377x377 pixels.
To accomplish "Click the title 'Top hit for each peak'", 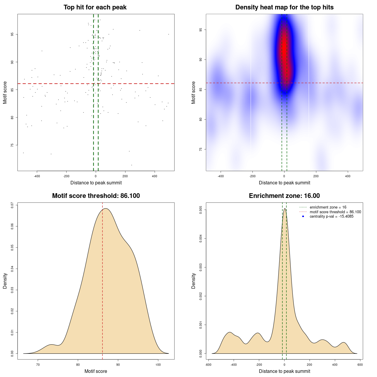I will [95, 7].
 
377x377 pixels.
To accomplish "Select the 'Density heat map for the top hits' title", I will [284, 7].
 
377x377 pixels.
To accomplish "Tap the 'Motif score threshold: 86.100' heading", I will [96, 196].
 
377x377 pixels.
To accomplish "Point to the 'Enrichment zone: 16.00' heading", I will [284, 196].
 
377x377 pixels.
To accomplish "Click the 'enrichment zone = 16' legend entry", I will [328, 207].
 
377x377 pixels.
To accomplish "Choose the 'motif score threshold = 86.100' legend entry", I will [335, 212].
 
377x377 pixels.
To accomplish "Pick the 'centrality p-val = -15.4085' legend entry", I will [331, 216].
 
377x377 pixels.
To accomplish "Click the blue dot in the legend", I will [303, 216].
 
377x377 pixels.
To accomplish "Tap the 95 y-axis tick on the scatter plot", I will [12, 34].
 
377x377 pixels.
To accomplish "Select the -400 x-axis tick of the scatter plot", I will [37, 176].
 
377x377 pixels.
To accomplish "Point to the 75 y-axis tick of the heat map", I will [201, 149].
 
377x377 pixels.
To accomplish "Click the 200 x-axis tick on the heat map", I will [316, 176].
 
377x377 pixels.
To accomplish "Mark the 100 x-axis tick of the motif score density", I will [158, 365].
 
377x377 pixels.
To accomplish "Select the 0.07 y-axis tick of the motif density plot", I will [12, 205].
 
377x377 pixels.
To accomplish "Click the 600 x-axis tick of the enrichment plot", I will [360, 365].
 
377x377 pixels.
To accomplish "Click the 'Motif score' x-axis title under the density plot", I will [96, 371].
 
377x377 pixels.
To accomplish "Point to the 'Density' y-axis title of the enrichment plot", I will [194, 281].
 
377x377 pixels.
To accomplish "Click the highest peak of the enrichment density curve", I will [285, 209].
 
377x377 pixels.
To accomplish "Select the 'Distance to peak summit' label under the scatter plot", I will [96, 183].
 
